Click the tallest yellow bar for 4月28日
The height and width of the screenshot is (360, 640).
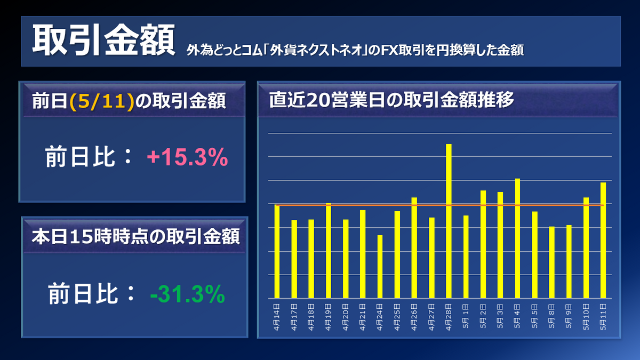coord(449,221)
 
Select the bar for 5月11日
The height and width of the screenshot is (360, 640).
coord(603,240)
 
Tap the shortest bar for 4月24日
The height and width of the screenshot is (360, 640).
coord(380,266)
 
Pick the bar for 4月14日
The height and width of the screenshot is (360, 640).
coord(277,251)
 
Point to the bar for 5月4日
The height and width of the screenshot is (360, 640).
coord(517,238)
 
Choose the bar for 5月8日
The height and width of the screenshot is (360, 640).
coord(551,262)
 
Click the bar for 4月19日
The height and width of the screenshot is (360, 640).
coord(329,250)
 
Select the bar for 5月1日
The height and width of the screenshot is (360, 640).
coord(466,257)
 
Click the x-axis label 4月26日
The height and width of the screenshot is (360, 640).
coord(414,317)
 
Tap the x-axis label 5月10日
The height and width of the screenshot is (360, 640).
coord(586,317)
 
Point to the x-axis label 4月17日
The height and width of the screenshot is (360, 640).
coord(294,317)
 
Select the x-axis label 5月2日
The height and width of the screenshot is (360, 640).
coord(483,317)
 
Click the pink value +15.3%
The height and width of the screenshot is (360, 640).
coord(187,157)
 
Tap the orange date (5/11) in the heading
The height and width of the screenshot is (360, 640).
coord(101,102)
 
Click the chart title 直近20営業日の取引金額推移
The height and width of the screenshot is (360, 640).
coord(391,100)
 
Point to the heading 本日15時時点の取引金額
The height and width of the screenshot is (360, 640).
coord(135,235)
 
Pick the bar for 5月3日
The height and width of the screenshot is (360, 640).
coord(500,245)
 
